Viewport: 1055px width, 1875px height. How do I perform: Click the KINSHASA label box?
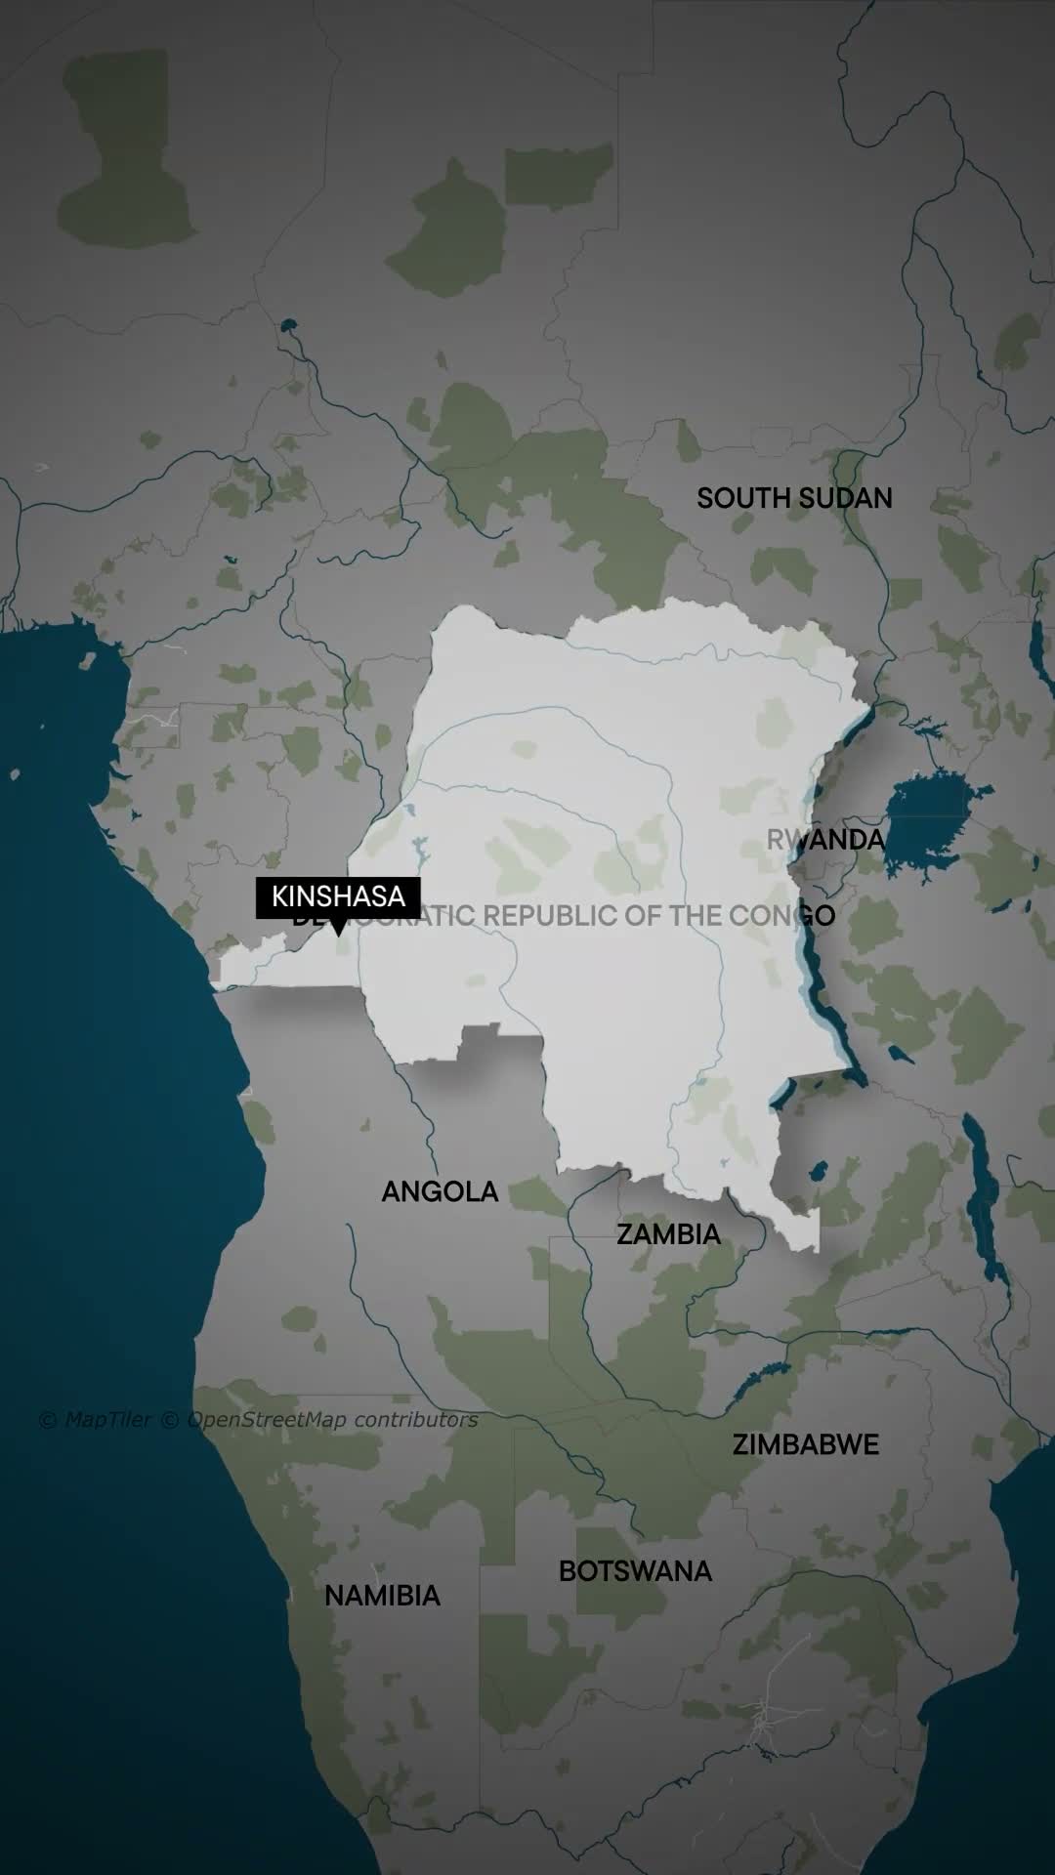click(338, 896)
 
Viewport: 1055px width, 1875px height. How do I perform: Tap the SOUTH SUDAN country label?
click(794, 498)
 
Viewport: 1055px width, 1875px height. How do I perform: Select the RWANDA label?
click(825, 840)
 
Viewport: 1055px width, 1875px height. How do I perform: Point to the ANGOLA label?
click(440, 1191)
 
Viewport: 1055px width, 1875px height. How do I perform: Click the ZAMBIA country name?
click(668, 1234)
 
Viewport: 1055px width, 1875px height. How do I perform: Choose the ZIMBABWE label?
click(806, 1444)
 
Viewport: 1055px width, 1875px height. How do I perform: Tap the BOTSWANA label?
click(635, 1571)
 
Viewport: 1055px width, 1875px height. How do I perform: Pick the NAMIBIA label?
click(382, 1596)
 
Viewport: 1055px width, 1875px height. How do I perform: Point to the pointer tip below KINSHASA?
click(338, 935)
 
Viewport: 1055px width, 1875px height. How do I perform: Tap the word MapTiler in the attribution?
click(107, 1420)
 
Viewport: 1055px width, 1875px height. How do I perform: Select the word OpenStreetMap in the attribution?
click(266, 1420)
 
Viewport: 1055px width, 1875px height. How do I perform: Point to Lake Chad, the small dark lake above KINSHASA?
click(287, 325)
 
